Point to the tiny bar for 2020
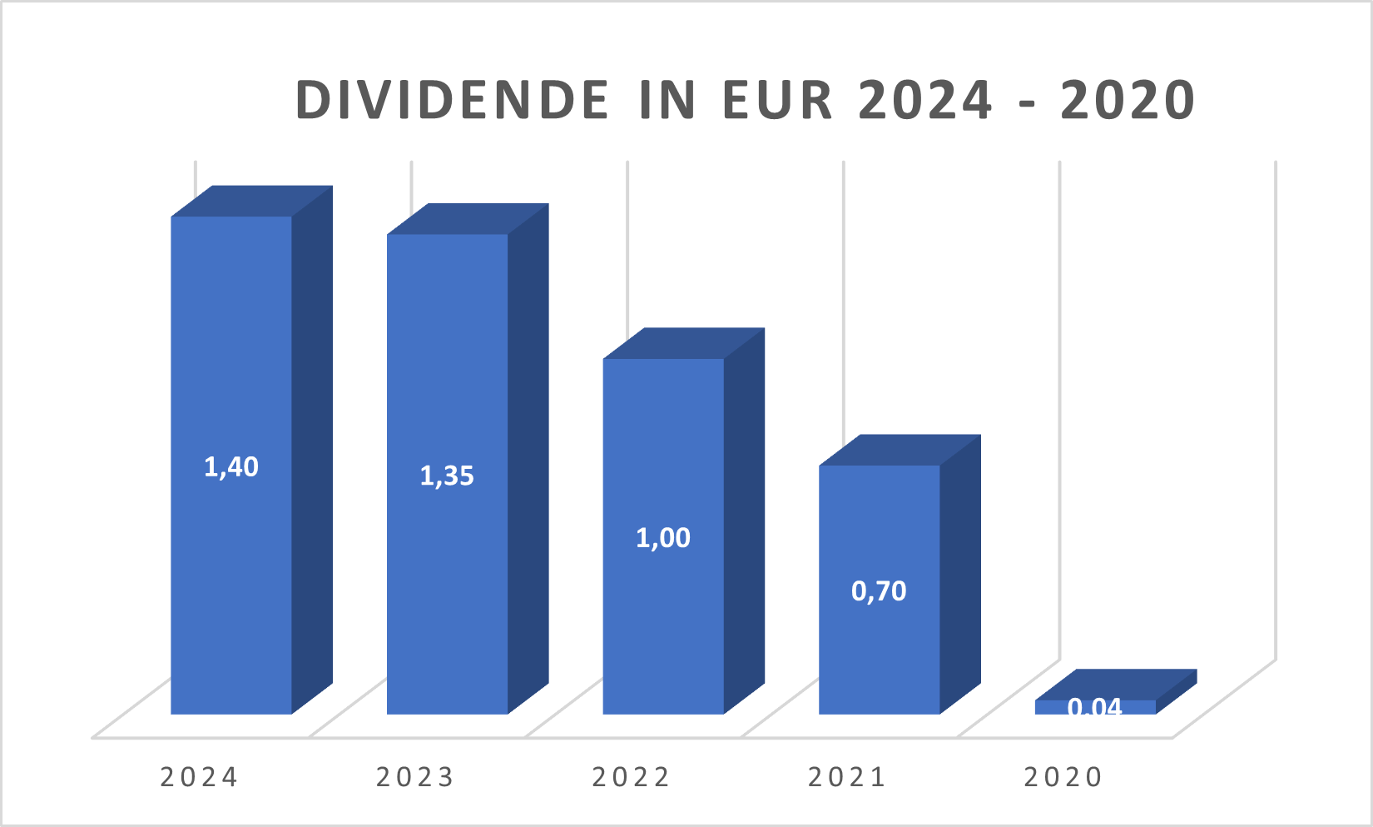[1095, 707]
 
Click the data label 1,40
[231, 467]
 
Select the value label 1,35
[447, 476]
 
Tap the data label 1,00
[663, 538]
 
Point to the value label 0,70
[879, 591]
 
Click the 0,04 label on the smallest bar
[1095, 706]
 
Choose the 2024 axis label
[199, 777]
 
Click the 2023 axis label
[415, 777]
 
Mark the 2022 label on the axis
[631, 777]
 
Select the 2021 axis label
[847, 777]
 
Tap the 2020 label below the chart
[1063, 777]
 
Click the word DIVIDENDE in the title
[453, 100]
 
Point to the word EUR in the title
[777, 100]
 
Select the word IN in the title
[667, 100]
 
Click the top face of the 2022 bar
[683, 343]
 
